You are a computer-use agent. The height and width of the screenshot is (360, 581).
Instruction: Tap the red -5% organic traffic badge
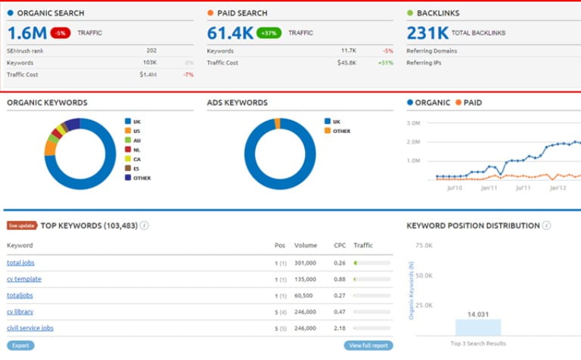pyautogui.click(x=60, y=33)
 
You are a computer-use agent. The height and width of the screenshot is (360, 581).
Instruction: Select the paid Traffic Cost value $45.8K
pyautogui.click(x=347, y=63)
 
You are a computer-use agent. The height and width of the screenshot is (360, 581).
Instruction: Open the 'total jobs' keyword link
pyautogui.click(x=20, y=262)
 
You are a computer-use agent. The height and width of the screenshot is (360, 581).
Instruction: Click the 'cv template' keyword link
pyautogui.click(x=23, y=279)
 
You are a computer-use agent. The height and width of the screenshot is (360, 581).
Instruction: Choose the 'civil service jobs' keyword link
pyautogui.click(x=30, y=327)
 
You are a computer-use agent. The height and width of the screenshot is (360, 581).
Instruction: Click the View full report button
pyautogui.click(x=368, y=346)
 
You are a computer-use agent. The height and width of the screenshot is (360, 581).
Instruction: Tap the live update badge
pyautogui.click(x=22, y=225)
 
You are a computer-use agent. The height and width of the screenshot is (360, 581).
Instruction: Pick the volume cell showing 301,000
pyautogui.click(x=306, y=262)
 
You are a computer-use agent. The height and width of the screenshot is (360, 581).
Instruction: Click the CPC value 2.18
pyautogui.click(x=340, y=327)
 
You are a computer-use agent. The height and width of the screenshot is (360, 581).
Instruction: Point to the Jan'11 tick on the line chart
pyautogui.click(x=489, y=187)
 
